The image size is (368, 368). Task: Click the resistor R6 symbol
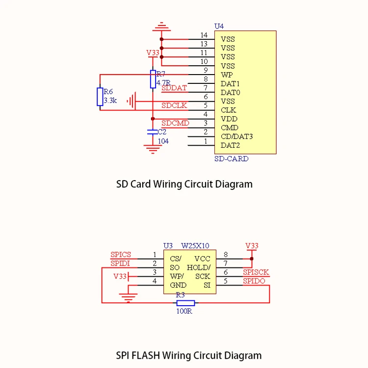point(100,97)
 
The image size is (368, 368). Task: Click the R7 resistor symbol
point(153,79)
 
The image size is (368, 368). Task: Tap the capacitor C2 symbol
point(153,131)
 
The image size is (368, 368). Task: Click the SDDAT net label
point(174,88)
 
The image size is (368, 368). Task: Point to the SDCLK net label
point(174,105)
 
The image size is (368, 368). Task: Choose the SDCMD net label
point(175,123)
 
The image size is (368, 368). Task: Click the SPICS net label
point(121,255)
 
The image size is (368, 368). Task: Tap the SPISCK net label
point(256,272)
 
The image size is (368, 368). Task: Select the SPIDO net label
point(254,281)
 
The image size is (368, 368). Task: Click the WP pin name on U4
point(227,75)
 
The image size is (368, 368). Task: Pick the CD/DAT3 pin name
point(234,136)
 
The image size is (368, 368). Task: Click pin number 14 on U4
point(204,35)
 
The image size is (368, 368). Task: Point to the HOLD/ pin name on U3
point(199,267)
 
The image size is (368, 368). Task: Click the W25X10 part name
point(195,245)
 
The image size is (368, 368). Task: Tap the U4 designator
point(219,26)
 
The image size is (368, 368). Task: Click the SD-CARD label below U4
point(232,159)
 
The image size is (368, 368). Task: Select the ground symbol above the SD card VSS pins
point(161,27)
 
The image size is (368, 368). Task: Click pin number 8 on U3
point(226,255)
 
